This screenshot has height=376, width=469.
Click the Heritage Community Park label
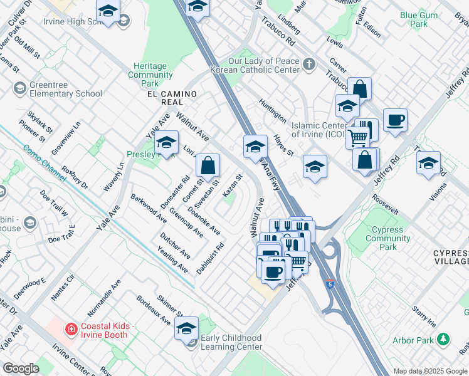[150, 75]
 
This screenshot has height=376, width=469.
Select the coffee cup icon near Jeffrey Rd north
[395, 120]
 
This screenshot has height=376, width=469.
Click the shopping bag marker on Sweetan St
[208, 166]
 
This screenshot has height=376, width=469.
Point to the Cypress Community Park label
[387, 238]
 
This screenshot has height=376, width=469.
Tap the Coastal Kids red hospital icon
[71, 328]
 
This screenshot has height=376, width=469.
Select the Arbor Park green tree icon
[444, 340]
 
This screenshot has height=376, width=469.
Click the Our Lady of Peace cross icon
[309, 64]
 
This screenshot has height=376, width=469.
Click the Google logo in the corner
[21, 368]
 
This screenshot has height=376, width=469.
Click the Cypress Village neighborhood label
[451, 257]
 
